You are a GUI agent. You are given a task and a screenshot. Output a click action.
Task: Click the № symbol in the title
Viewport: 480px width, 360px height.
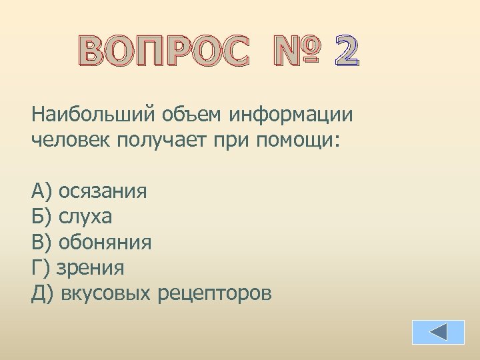pyautogui.click(x=294, y=52)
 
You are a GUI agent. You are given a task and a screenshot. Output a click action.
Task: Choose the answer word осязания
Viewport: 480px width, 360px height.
pyautogui.click(x=103, y=192)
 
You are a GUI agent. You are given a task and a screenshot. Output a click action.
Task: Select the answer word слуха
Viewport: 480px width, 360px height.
pyautogui.click(x=85, y=217)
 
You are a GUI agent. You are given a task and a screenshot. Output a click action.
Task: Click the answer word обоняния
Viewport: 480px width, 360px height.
pyautogui.click(x=105, y=243)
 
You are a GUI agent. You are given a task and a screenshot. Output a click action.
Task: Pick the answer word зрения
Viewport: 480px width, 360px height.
pyautogui.click(x=90, y=268)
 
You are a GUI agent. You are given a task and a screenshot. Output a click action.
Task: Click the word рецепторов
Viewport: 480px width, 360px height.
pyautogui.click(x=215, y=294)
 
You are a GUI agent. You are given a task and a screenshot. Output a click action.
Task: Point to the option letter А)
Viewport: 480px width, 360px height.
pyautogui.click(x=42, y=192)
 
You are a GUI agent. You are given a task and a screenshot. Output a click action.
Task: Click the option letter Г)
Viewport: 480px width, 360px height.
pyautogui.click(x=41, y=268)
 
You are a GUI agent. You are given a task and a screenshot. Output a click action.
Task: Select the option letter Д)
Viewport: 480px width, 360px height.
pyautogui.click(x=43, y=293)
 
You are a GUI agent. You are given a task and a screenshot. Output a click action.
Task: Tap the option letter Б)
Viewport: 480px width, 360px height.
pyautogui.click(x=42, y=217)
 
